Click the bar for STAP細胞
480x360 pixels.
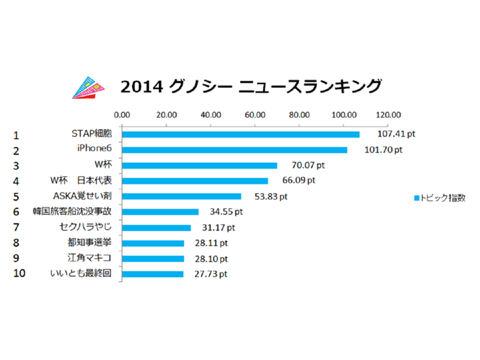pyautogui.click(x=240, y=135)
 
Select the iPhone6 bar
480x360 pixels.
pyautogui.click(x=234, y=150)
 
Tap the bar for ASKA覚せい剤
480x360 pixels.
pyautogui.click(x=181, y=197)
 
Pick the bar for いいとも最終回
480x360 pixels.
pyautogui.click(x=152, y=274)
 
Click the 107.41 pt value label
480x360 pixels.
pyautogui.click(x=387, y=135)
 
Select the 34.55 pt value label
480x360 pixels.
pyautogui.click(x=225, y=212)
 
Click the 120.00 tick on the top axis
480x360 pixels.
pyautogui.click(x=388, y=114)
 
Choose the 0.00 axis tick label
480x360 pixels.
pyautogui.click(x=122, y=114)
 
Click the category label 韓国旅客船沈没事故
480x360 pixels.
pyautogui.click(x=79, y=212)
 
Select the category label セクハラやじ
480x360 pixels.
pyautogui.click(x=86, y=227)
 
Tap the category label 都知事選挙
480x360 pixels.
pyautogui.click(x=91, y=243)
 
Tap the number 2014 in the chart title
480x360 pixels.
pyautogui.click(x=137, y=87)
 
